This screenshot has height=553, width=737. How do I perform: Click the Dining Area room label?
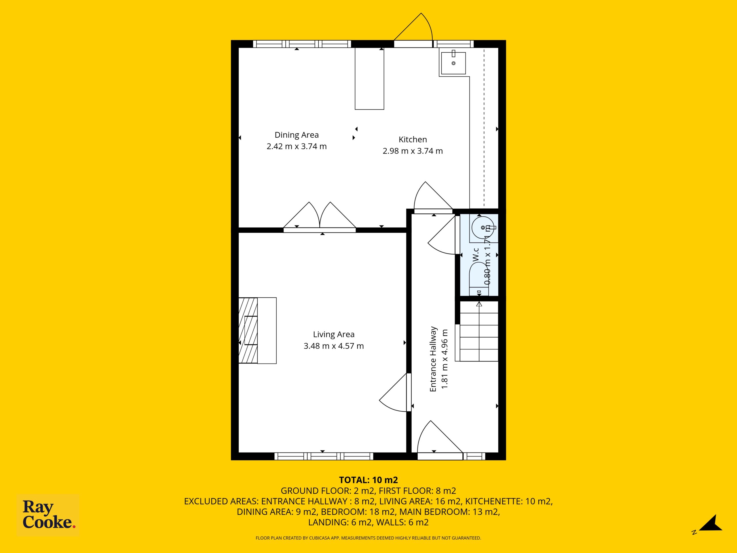pos(297,135)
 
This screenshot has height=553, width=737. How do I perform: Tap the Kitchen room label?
pos(413,139)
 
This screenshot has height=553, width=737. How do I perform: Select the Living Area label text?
pos(333,334)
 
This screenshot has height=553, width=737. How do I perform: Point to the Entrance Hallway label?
pos(433,359)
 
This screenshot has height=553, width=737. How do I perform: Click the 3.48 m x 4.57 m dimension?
pos(333,346)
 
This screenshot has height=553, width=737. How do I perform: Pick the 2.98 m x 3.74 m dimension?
pos(413,151)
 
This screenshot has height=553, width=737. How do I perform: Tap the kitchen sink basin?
pos(453,63)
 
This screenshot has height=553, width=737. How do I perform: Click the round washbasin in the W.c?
pos(483,228)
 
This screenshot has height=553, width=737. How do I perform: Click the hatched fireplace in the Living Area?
pos(248,330)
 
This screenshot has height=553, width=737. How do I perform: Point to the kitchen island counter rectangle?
pos(369,79)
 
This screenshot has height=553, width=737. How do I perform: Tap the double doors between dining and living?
pos(320,217)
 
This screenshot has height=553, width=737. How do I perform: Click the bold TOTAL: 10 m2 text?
pos(368,480)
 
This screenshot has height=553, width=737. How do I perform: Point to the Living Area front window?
pos(324,456)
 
